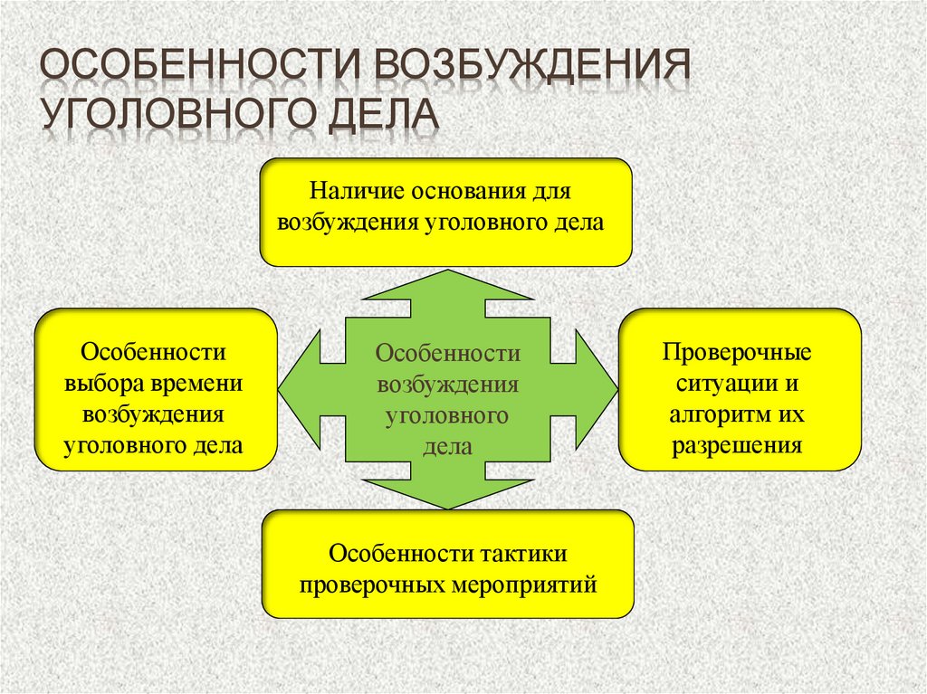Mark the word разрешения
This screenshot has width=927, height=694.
737,446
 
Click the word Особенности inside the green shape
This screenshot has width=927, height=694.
448,352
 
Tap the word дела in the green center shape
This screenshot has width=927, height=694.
448,447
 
